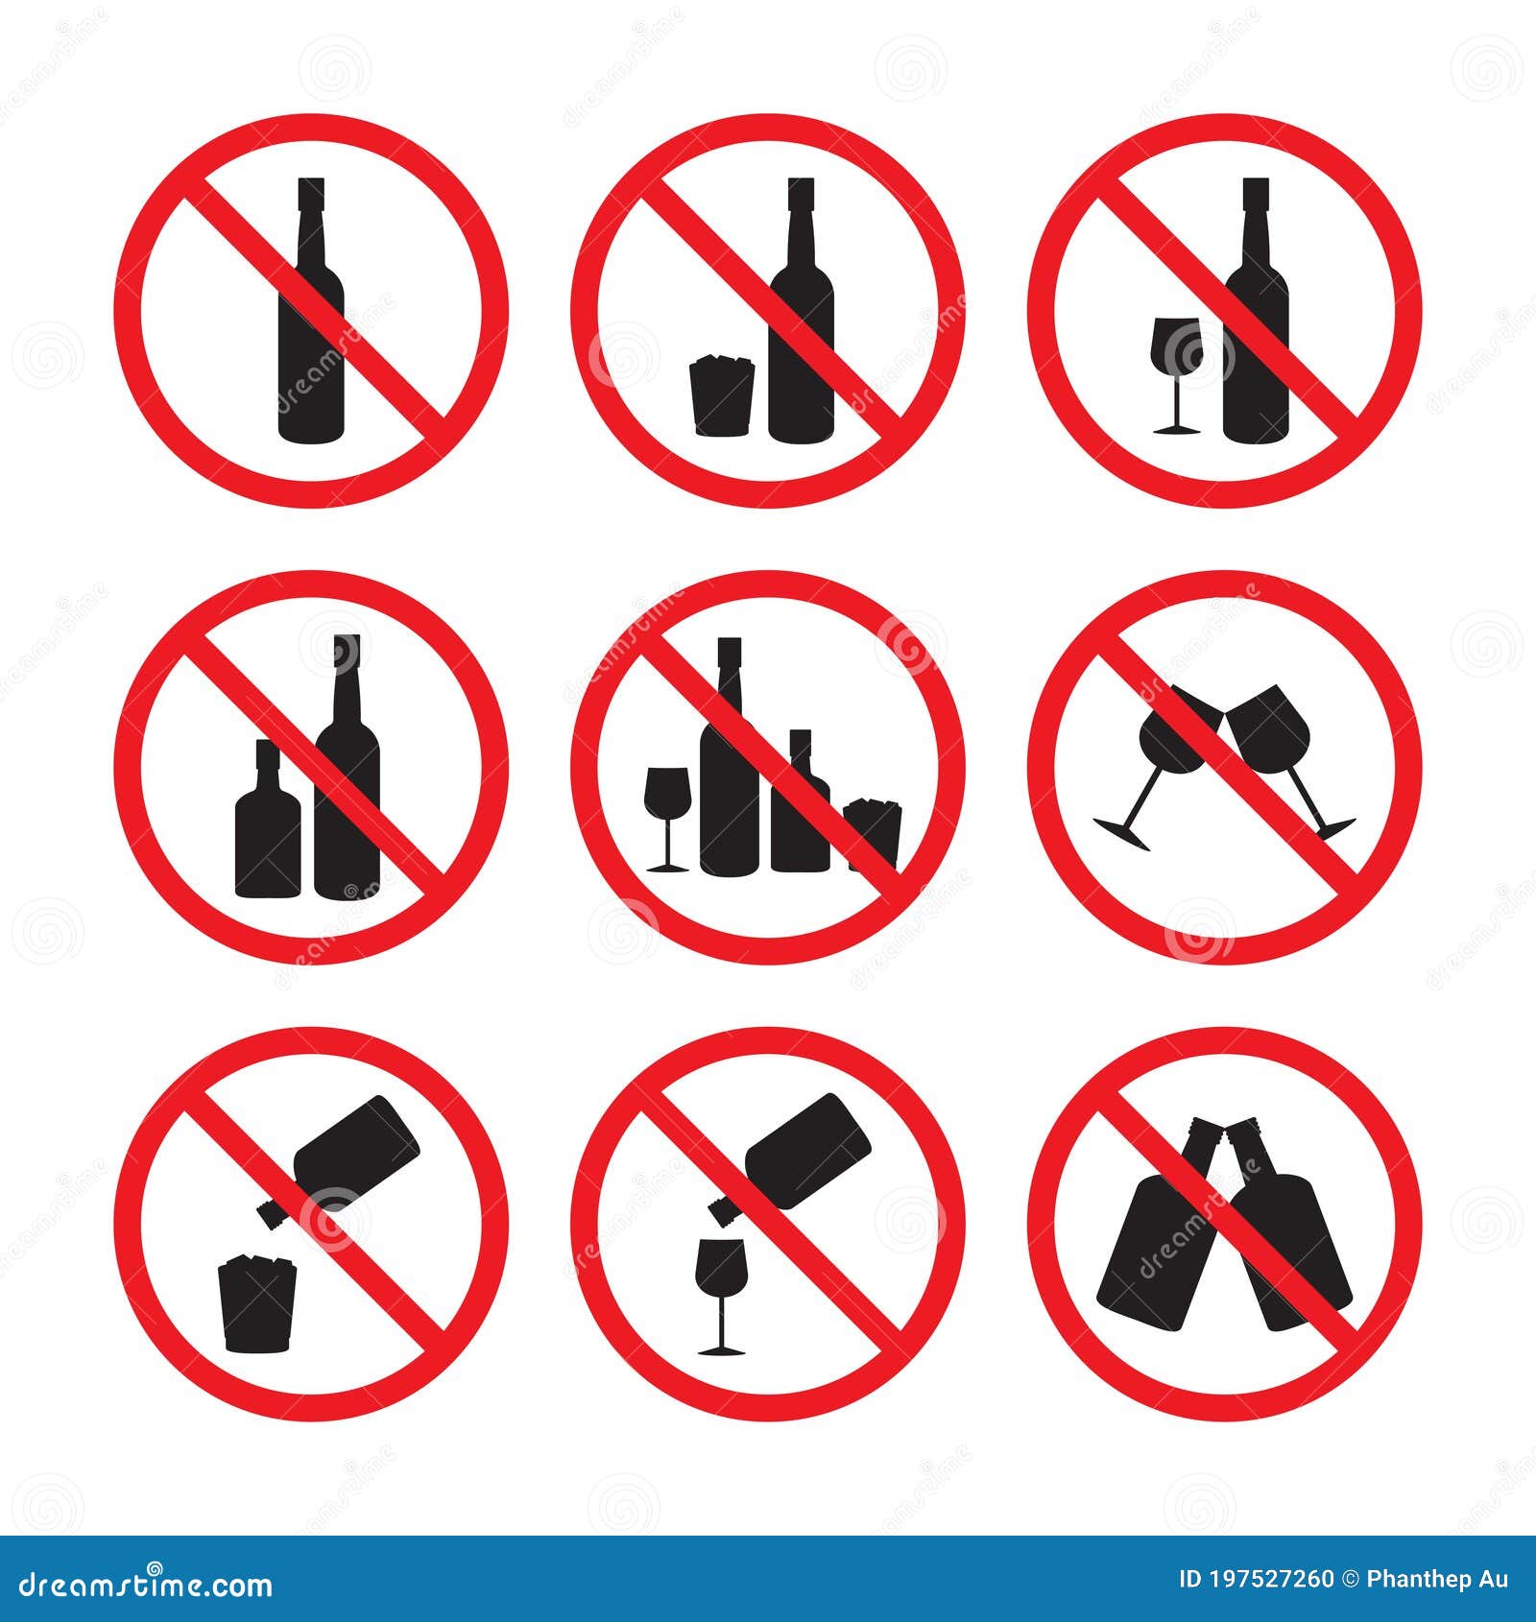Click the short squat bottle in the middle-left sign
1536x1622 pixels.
coord(267,835)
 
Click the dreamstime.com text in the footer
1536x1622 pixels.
coord(146,1584)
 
